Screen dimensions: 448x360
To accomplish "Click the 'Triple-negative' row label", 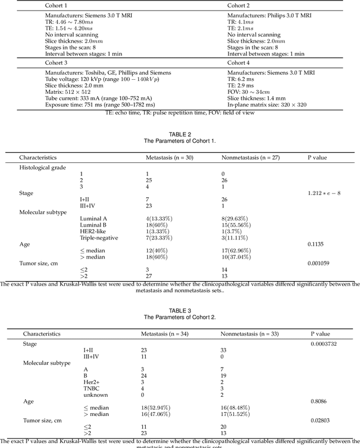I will point(103,238).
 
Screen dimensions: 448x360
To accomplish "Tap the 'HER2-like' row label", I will point(97,230).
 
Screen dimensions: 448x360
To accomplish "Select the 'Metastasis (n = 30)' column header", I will point(170,158).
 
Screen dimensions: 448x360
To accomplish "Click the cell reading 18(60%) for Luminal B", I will point(159,221).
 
